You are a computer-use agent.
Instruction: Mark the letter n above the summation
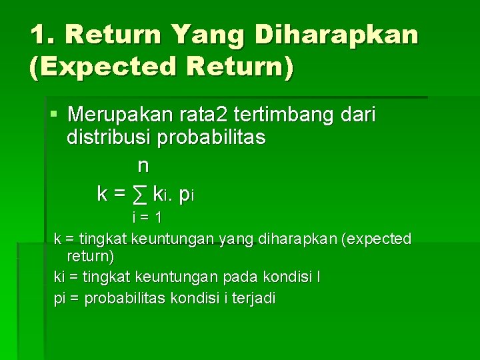143,165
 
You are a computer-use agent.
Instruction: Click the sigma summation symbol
139,195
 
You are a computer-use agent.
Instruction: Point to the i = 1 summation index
147,217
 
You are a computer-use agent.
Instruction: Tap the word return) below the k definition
91,256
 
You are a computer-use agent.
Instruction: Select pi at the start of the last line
59,299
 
